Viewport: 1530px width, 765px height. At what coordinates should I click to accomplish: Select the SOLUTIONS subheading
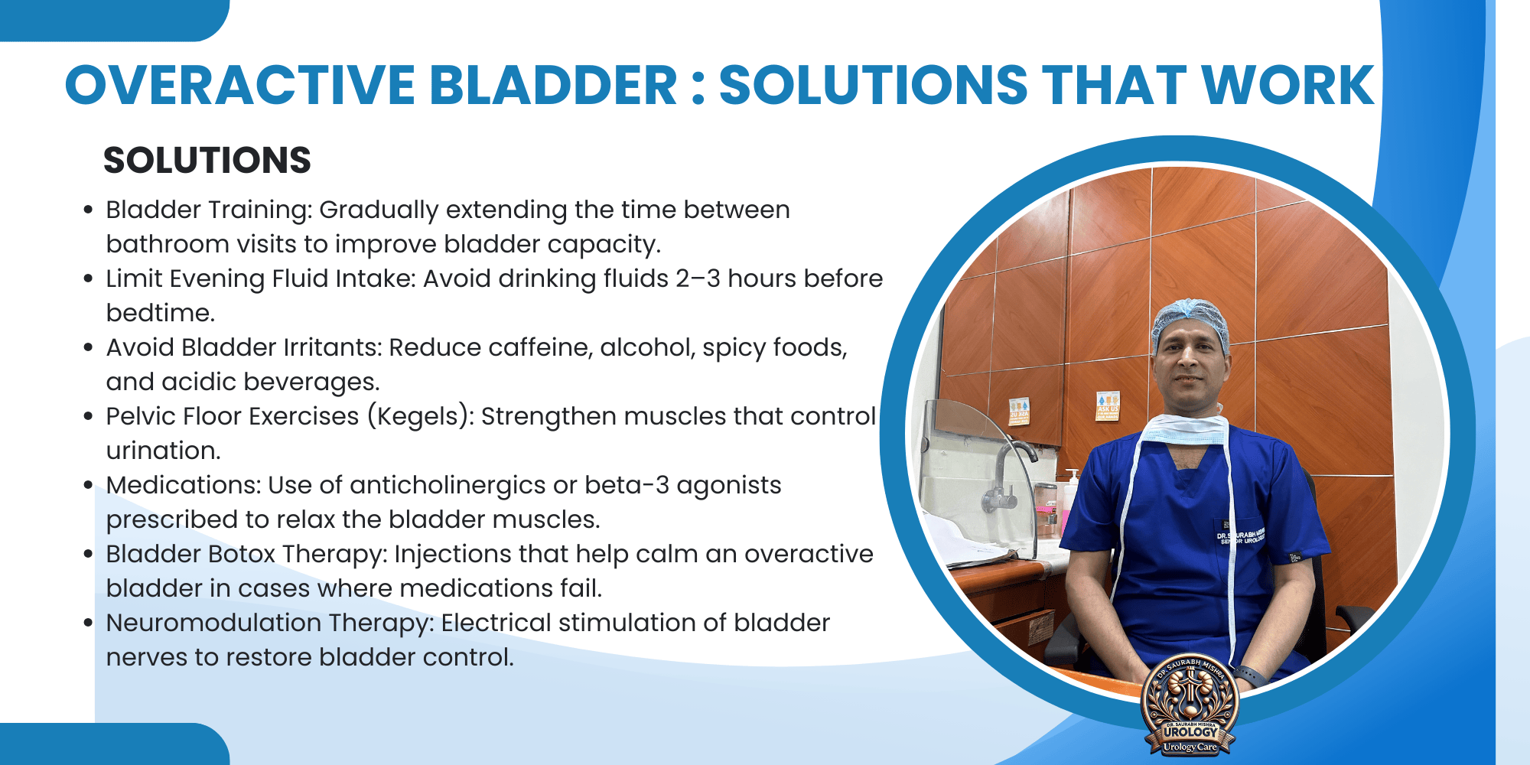tap(207, 161)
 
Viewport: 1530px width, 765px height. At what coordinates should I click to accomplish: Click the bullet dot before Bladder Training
tap(89, 210)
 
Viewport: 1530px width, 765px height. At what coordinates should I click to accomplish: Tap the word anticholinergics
tap(448, 485)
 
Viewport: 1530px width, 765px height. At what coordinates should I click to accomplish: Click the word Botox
tap(239, 554)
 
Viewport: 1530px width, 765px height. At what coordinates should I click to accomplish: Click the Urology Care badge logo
tap(1190, 704)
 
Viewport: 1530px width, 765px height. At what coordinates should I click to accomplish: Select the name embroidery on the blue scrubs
tap(1241, 535)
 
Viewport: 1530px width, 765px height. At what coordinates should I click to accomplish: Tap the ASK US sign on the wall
tap(1107, 406)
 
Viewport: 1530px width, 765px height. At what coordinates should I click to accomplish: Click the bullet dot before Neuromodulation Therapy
tap(89, 623)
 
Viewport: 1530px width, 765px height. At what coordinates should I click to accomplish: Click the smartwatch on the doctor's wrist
tap(1248, 676)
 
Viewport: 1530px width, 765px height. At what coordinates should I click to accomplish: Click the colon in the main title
tap(697, 86)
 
